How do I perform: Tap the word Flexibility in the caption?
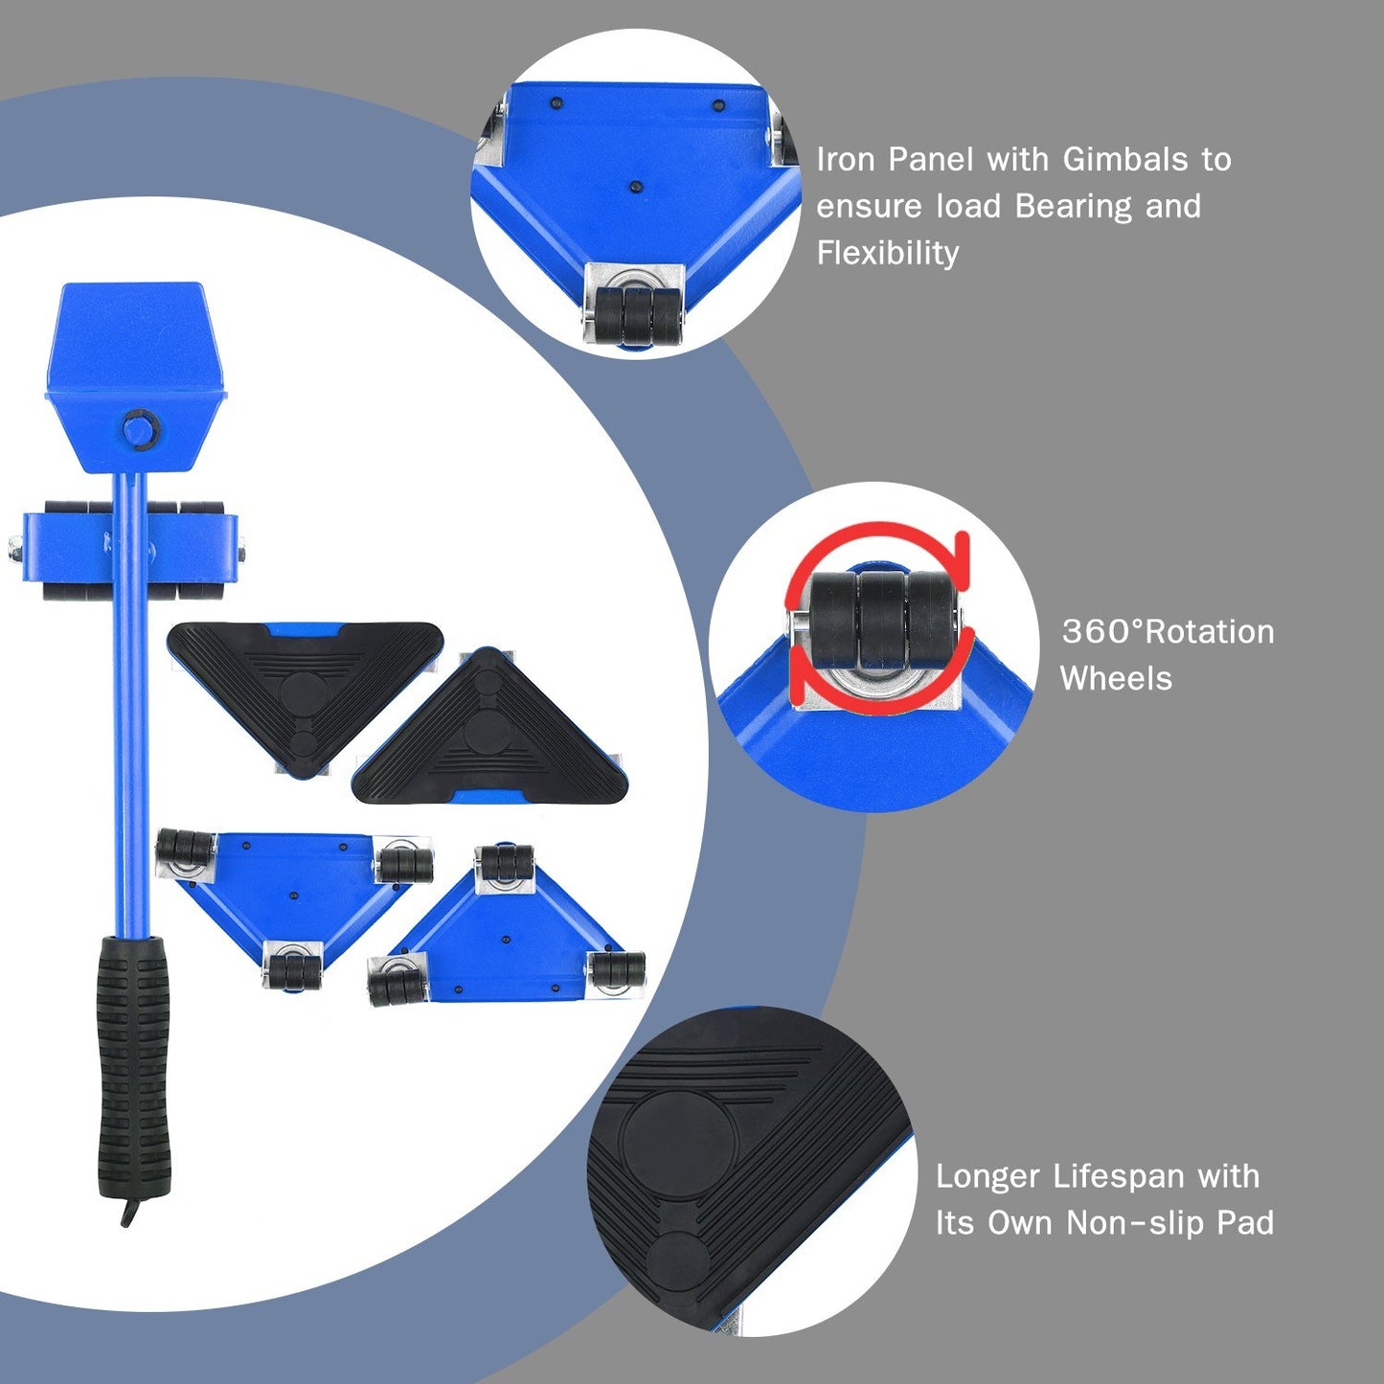[887, 253]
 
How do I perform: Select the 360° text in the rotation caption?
[1101, 632]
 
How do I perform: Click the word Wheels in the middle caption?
[1115, 679]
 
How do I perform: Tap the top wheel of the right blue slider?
[505, 861]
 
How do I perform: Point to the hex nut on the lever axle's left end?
[14, 550]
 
